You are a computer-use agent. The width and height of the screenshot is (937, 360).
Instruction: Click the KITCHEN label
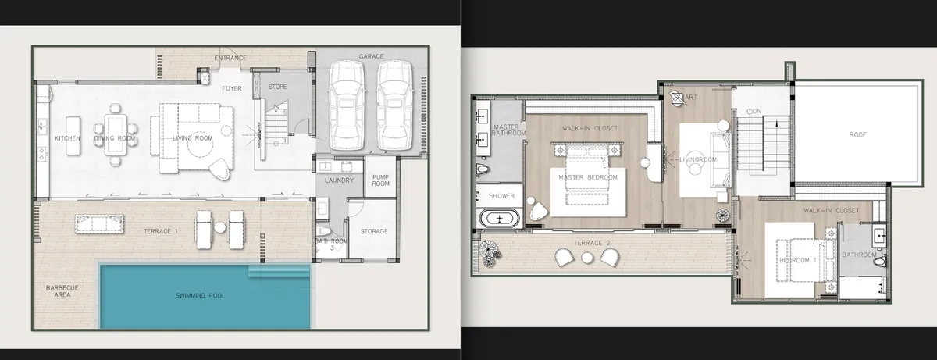point(68,138)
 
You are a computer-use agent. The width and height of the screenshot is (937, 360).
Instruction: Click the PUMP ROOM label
point(380,180)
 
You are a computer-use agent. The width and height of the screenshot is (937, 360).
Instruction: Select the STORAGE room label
point(374,231)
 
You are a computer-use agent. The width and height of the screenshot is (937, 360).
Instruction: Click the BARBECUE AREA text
point(63,291)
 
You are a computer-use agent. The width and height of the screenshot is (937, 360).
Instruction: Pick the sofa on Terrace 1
point(99,223)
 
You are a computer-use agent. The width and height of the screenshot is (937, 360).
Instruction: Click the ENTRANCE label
point(230,58)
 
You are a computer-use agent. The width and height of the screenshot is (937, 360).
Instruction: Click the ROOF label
point(857,134)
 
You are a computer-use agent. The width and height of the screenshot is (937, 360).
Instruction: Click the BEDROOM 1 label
point(797,260)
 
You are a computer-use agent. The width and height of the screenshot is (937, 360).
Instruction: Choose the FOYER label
point(231,88)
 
